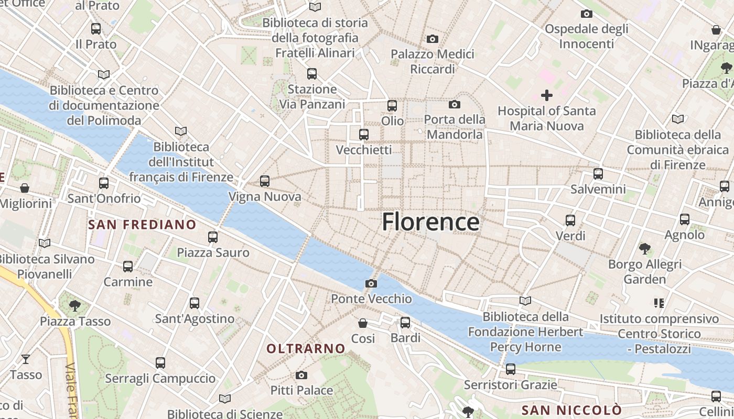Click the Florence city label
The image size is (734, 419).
coord(430,222)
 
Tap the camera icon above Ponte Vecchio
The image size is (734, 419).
coord(371,284)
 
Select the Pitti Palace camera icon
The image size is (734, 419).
coord(301,375)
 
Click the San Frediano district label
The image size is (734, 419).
coord(142,225)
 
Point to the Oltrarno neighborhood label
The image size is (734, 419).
coord(306,349)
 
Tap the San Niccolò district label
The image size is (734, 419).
coord(571,410)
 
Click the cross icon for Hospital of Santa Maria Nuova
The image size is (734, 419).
coord(547,95)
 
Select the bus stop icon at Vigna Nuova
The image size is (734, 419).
coord(265,181)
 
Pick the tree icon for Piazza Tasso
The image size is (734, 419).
coord(75,305)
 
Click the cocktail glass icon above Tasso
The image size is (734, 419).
coord(25,359)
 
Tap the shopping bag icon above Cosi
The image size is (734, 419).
coord(362,323)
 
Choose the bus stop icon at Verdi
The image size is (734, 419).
coord(570,220)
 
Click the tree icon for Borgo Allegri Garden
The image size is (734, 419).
coord(645,248)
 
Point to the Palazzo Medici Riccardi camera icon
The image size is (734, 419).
coord(433,39)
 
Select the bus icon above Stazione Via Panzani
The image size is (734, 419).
coord(312,73)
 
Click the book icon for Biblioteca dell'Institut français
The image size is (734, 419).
coord(181,131)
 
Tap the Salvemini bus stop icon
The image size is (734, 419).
coord(598,173)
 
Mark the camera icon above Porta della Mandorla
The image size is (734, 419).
coord(455,105)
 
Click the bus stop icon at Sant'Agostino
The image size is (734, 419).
coord(195,303)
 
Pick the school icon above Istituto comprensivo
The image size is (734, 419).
coord(659,303)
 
